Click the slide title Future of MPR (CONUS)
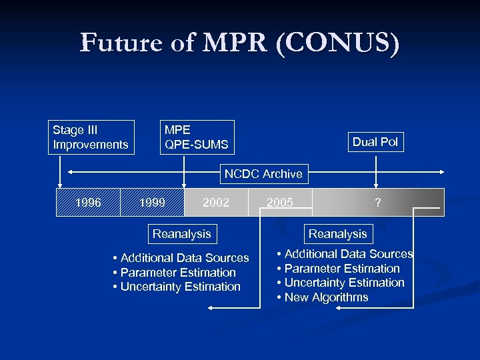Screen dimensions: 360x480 [x=240, y=43]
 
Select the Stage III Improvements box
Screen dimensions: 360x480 [x=91, y=137]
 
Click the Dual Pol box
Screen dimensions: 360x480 [x=375, y=141]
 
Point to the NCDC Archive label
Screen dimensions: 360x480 [x=263, y=174]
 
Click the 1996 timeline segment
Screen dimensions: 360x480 [x=89, y=203]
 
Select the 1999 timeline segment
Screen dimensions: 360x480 [x=153, y=203]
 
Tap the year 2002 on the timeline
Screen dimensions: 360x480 [x=216, y=203]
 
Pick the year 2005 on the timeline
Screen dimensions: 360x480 [x=280, y=203]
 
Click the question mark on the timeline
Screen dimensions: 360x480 [x=378, y=203]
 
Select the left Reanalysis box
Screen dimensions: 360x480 [x=181, y=233]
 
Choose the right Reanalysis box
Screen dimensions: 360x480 [x=337, y=233]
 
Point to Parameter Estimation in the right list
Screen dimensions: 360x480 [x=339, y=269]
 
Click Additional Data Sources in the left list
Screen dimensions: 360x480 [x=181, y=258]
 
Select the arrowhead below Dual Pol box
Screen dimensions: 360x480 [x=375, y=186]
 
